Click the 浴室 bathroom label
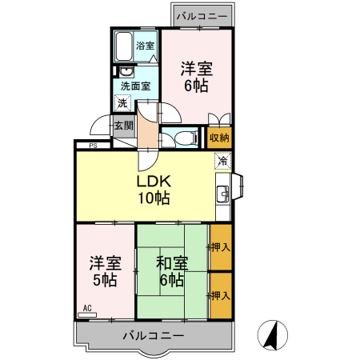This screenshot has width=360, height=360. (x=145, y=46)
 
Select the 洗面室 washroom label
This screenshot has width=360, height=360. (x=134, y=86)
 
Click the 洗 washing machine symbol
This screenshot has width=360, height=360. (x=122, y=102)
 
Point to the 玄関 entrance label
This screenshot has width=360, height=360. (x=122, y=126)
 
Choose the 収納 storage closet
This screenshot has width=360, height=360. (x=220, y=138)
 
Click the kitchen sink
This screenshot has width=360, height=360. (x=222, y=192)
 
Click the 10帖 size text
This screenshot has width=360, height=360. (x=152, y=198)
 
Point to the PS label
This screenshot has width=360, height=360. (x=94, y=146)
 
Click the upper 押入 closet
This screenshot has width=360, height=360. (x=221, y=247)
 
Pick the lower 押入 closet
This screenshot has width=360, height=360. (x=221, y=295)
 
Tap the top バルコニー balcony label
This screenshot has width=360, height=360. (x=202, y=16)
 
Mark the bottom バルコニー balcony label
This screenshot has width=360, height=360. (x=154, y=336)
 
